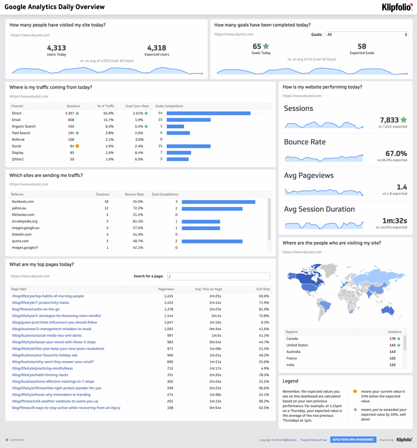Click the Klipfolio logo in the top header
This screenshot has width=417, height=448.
397,7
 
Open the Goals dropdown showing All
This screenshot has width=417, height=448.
366,35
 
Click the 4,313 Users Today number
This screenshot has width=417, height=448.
56,48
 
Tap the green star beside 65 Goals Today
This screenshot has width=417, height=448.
266,46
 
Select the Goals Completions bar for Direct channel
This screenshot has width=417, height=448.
208,113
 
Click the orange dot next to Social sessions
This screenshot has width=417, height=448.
77,146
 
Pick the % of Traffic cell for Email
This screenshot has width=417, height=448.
108,120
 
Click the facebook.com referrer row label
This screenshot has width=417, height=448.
23,202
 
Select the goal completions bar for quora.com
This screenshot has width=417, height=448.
212,241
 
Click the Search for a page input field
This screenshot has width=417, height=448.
219,276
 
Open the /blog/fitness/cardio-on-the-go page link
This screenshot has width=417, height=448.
36,309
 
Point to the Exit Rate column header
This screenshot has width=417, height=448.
263,289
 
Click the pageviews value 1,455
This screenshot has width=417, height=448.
168,296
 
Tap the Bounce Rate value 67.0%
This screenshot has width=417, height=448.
396,154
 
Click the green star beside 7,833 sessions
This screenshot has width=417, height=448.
404,120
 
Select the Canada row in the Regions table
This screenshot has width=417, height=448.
292,338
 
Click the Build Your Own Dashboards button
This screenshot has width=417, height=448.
354,440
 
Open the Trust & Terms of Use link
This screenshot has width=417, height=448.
314,440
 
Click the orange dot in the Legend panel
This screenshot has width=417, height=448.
355,391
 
